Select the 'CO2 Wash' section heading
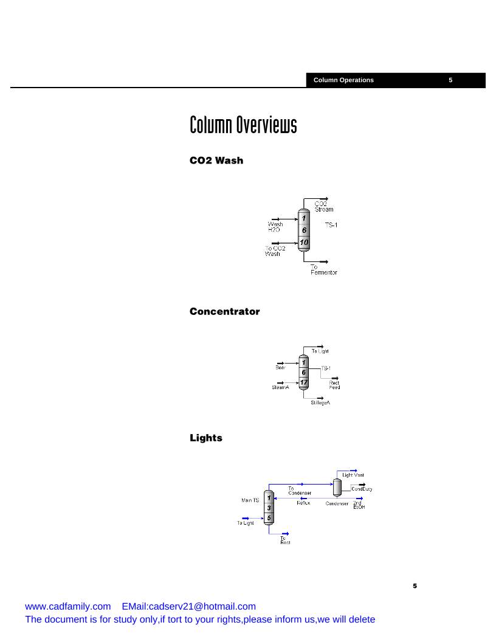click(x=216, y=160)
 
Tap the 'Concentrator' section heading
click(x=224, y=312)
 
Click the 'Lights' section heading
click(x=206, y=438)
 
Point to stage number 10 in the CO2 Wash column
click(x=304, y=243)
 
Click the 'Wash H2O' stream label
click(x=275, y=227)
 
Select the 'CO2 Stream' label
click(x=323, y=206)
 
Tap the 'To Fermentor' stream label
click(x=323, y=270)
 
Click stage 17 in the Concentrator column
click(x=304, y=382)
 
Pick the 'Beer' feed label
click(x=280, y=367)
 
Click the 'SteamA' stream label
click(x=280, y=387)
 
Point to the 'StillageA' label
click(x=320, y=402)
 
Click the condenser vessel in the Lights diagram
click(x=337, y=486)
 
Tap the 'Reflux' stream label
click(x=303, y=503)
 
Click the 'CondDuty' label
click(x=362, y=489)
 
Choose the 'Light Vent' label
click(x=353, y=475)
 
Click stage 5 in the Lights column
click(x=269, y=517)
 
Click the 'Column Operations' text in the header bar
click(x=343, y=80)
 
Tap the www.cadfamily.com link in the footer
click(x=67, y=606)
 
